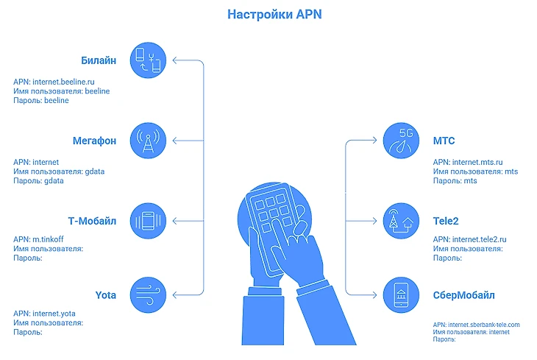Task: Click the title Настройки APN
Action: tap(268, 14)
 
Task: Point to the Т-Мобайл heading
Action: tap(91, 220)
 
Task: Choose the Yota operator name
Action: tap(106, 295)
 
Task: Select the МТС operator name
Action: tap(445, 140)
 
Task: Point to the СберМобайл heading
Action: tap(463, 296)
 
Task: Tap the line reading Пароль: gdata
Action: tap(40, 180)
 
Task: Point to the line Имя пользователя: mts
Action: tap(475, 172)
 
